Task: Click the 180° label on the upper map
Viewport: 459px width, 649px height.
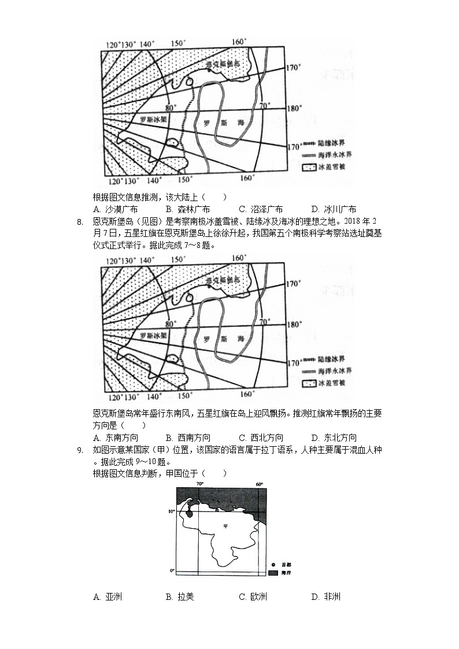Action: pyautogui.click(x=294, y=108)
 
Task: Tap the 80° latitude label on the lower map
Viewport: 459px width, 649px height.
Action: pyautogui.click(x=169, y=323)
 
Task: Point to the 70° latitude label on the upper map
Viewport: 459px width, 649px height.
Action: pyautogui.click(x=264, y=106)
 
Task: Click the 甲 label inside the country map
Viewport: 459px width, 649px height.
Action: pyautogui.click(x=225, y=526)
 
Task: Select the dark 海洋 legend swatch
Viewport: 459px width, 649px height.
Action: pyautogui.click(x=273, y=573)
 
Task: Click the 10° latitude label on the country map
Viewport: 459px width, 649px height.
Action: pyautogui.click(x=172, y=511)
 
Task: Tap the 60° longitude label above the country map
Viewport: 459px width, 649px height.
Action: pyautogui.click(x=260, y=484)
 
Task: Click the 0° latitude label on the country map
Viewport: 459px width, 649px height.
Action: pyautogui.click(x=172, y=571)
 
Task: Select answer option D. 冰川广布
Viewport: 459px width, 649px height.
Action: pyautogui.click(x=334, y=209)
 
